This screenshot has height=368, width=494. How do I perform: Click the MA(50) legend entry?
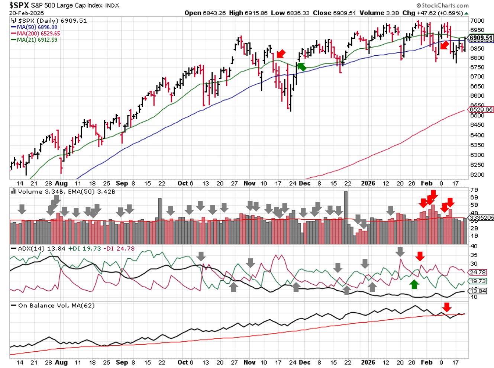tap(37, 27)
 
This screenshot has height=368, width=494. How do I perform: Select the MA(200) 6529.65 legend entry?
tap(38, 33)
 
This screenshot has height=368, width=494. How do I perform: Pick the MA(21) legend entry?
tap(37, 40)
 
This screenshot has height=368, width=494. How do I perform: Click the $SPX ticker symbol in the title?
tap(19, 5)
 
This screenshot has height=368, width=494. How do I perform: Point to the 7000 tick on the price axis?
tap(477, 21)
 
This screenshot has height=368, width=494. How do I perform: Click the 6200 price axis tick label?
tap(477, 175)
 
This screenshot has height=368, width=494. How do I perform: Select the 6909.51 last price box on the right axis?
tap(481, 38)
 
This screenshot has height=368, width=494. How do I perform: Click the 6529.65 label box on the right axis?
tap(481, 110)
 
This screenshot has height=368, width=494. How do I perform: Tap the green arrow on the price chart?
tap(301, 67)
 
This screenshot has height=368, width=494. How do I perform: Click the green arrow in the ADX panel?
tap(414, 284)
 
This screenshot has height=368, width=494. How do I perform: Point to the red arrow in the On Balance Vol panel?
tap(447, 307)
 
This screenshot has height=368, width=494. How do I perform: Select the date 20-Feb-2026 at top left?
tap(26, 13)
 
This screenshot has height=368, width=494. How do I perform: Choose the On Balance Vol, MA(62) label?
tap(56, 306)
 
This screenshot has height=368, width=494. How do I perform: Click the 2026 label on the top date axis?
tap(368, 183)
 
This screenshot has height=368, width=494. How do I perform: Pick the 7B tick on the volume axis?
tap(474, 190)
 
